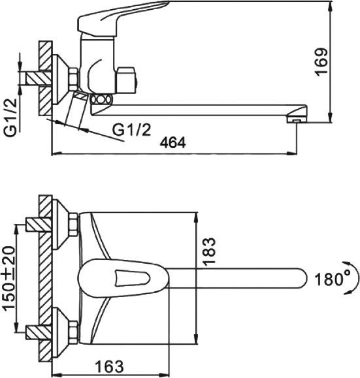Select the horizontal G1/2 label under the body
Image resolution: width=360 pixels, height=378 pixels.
[131, 129]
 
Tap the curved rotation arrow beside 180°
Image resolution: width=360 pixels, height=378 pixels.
[353, 279]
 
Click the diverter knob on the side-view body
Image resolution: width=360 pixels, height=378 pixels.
[127, 80]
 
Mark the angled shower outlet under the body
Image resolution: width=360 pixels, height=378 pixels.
[77, 110]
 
